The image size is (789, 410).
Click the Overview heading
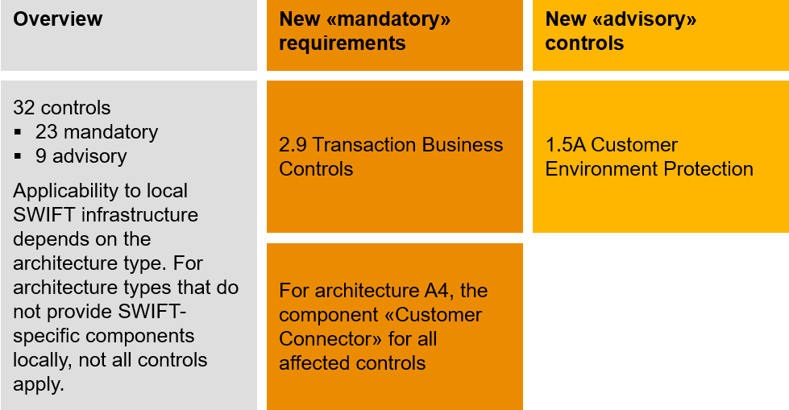tap(58, 19)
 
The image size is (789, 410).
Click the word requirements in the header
tap(343, 43)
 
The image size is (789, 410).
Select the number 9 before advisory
tap(41, 155)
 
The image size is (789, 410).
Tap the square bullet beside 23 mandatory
tap(17, 131)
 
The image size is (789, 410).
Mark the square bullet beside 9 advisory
tap(17, 155)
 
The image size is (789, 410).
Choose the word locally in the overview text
tap(41, 360)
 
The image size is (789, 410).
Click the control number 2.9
tap(293, 145)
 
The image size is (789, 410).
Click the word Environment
tap(596, 169)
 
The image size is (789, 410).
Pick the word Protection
tap(704, 169)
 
